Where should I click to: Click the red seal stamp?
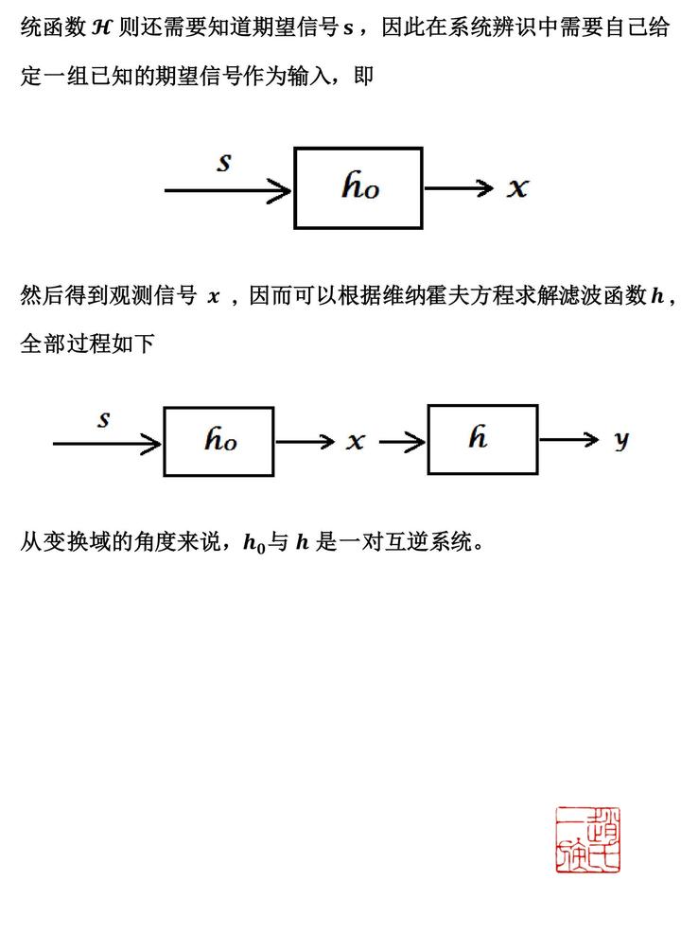(x=587, y=840)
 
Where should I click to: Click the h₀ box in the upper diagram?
(x=358, y=187)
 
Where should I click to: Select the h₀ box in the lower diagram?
(x=218, y=441)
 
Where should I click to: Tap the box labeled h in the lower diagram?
(x=482, y=439)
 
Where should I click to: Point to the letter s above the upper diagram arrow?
(x=224, y=163)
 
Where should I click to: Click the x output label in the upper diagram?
(x=516, y=188)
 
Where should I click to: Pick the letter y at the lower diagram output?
(x=620, y=440)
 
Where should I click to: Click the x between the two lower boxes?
(x=355, y=441)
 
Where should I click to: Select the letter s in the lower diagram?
(x=104, y=419)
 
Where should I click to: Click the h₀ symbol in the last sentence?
(x=253, y=543)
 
